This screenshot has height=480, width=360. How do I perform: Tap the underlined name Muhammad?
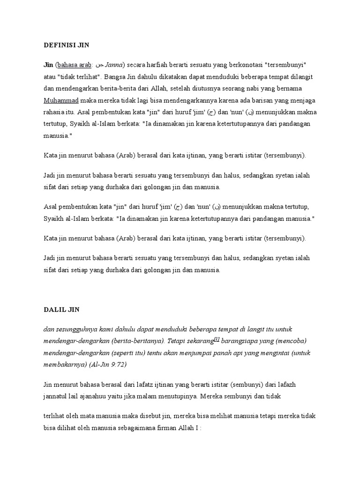(61, 100)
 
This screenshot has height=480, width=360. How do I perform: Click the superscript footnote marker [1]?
(217, 338)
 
